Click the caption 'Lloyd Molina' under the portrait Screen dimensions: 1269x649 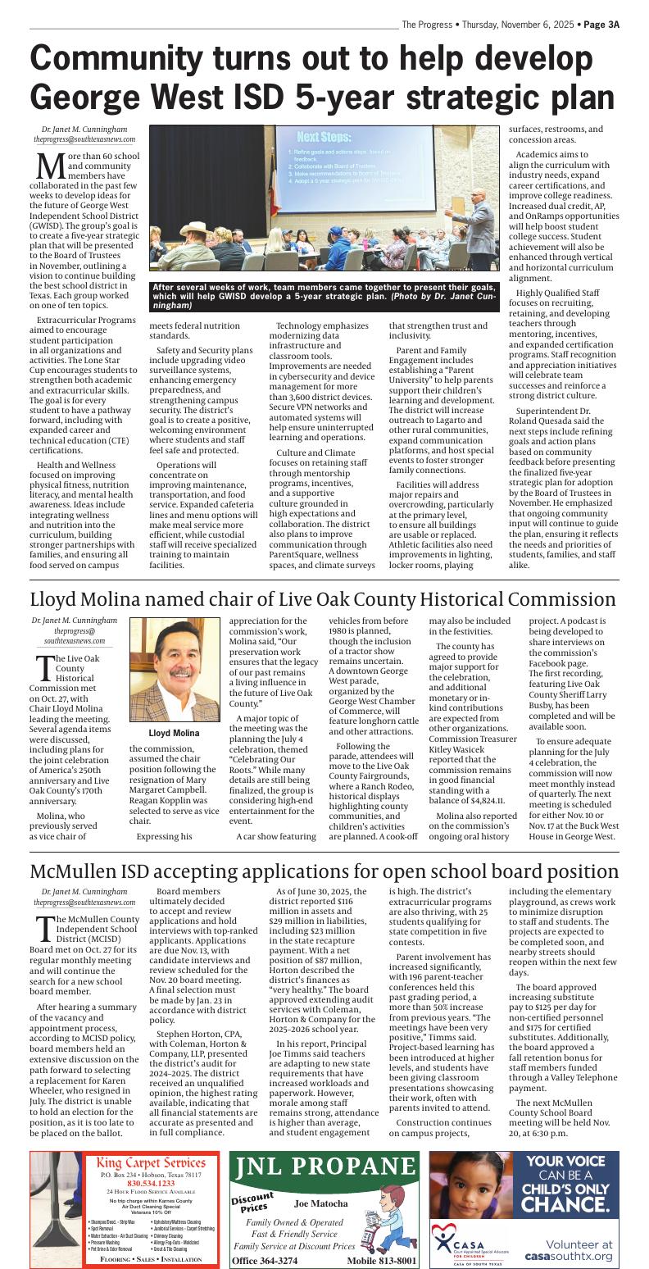pyautogui.click(x=174, y=733)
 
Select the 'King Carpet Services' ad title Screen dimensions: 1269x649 pyautogui.click(x=151, y=1163)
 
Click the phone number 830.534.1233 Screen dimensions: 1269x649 pyautogui.click(x=151, y=1183)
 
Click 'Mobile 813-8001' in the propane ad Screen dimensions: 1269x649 pyautogui.click(x=381, y=1260)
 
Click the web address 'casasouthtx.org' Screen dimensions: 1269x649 pyautogui.click(x=568, y=1256)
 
